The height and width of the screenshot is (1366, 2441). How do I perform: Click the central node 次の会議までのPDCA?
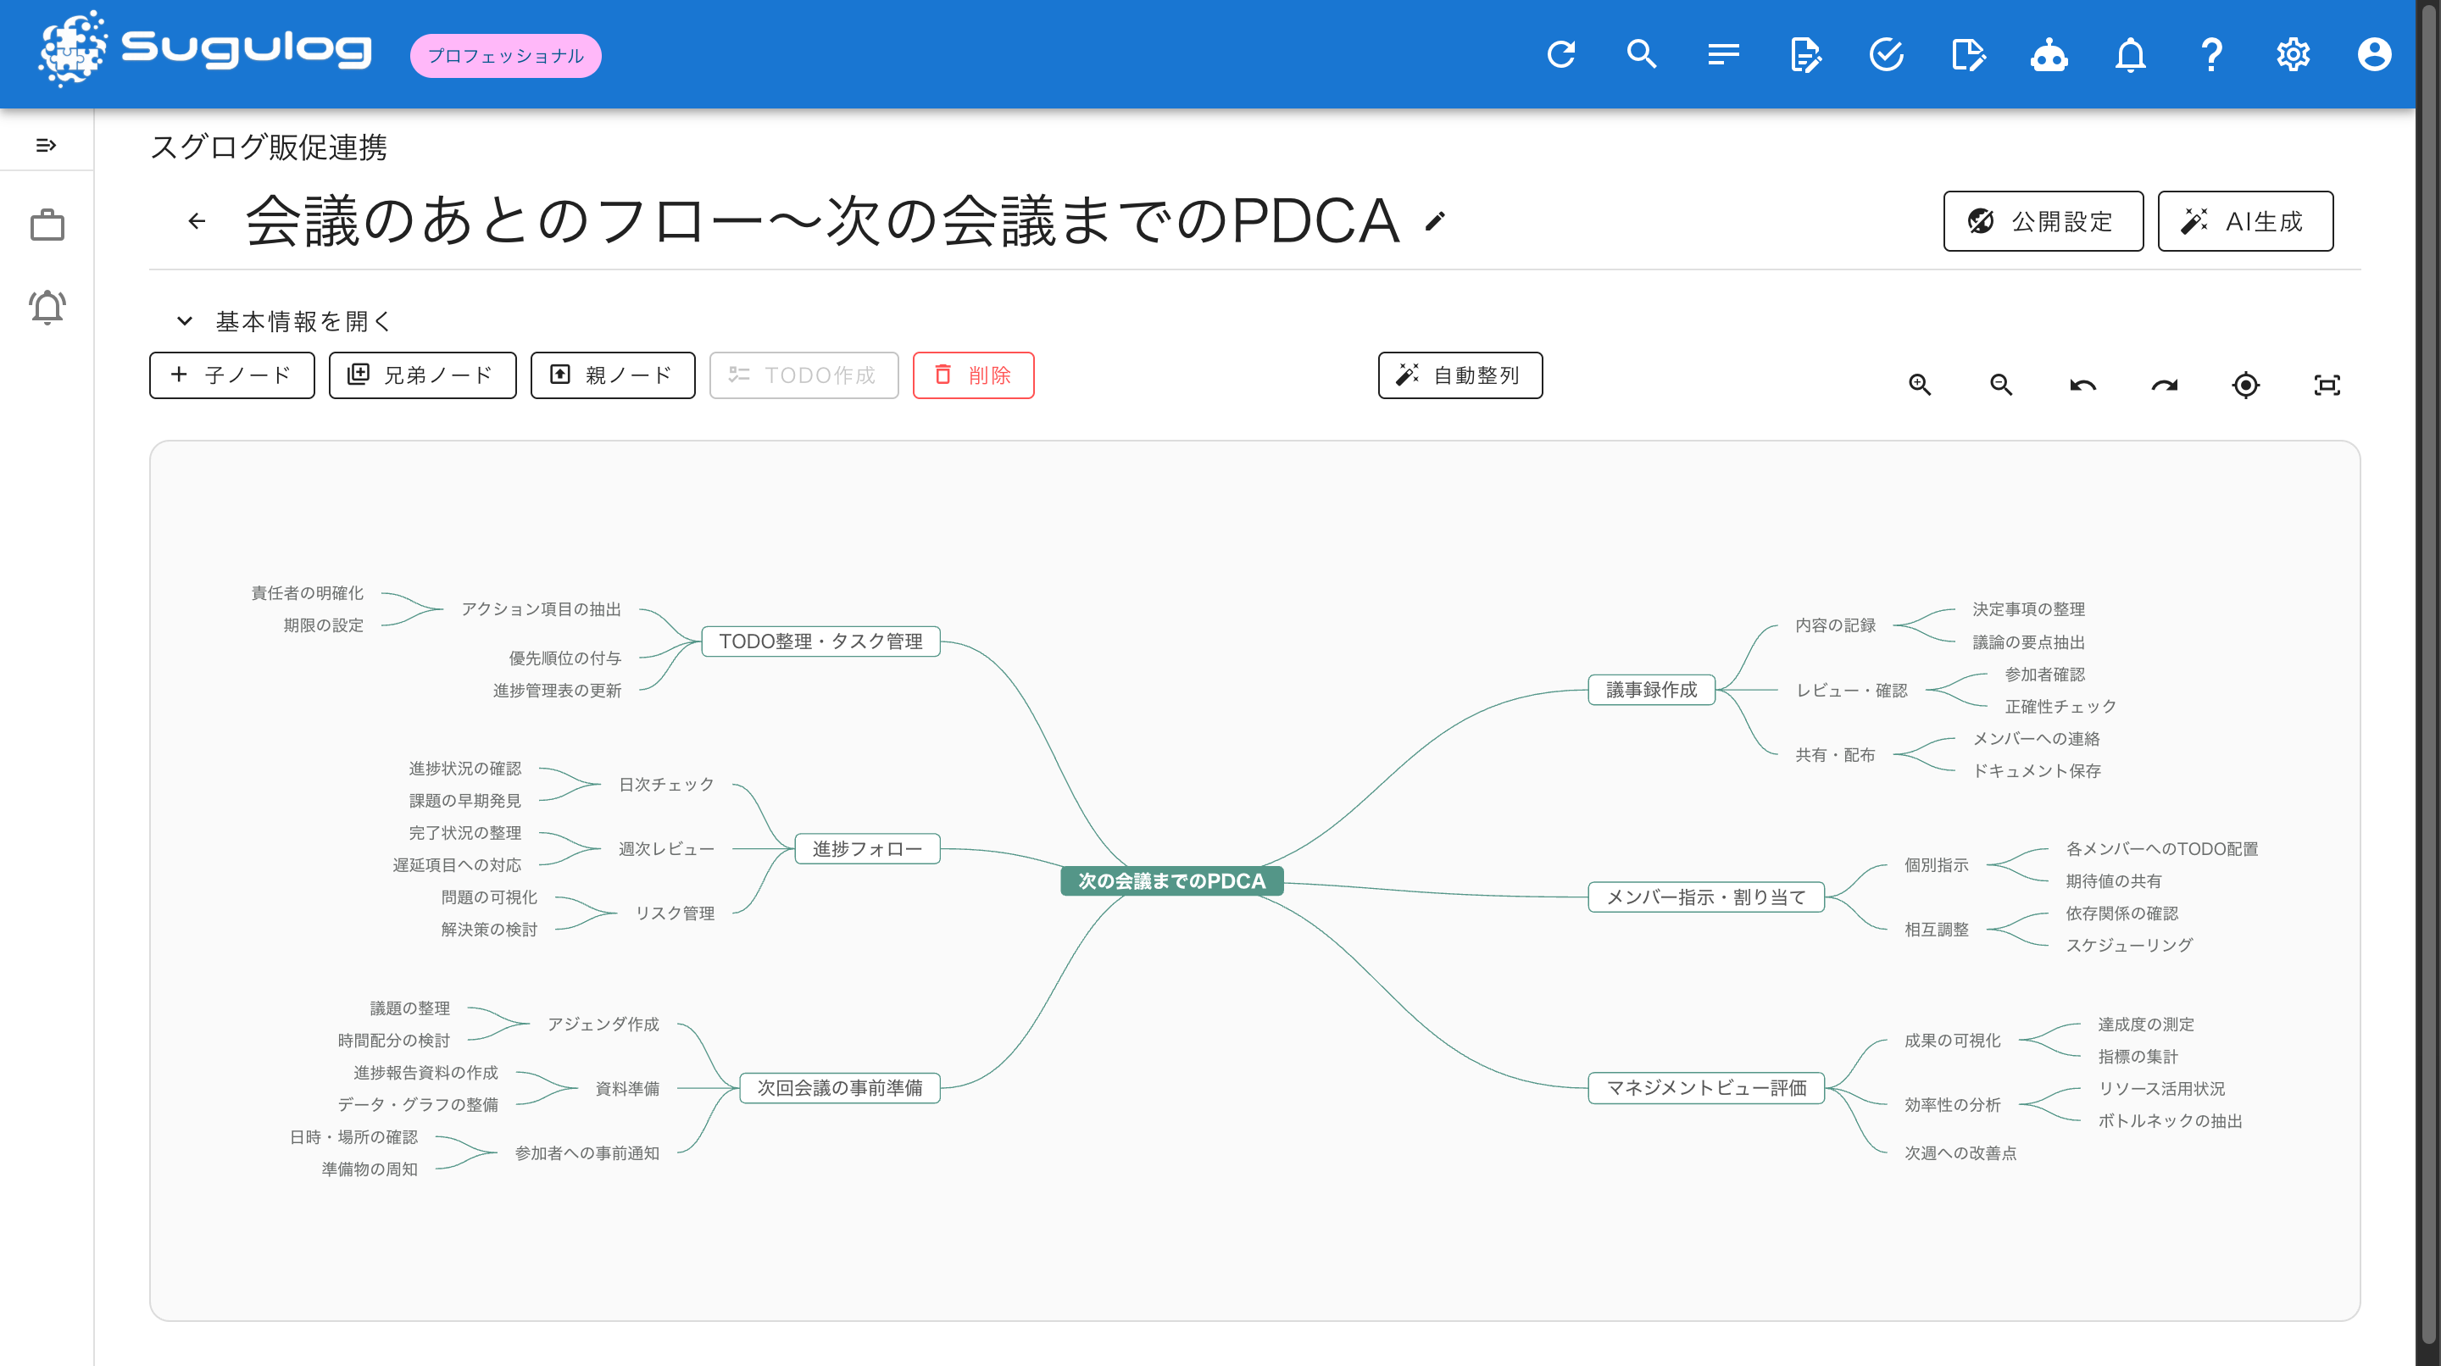[x=1171, y=881]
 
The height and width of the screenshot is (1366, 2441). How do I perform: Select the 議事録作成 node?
[x=1651, y=690]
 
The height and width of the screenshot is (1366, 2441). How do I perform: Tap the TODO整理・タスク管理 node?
[x=820, y=641]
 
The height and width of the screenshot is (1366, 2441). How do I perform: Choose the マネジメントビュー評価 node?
[x=1705, y=1087]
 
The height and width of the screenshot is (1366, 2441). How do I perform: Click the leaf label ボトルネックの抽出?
[x=2170, y=1120]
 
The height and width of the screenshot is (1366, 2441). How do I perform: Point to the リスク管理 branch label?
[x=675, y=913]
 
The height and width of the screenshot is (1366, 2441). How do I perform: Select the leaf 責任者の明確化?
[x=307, y=593]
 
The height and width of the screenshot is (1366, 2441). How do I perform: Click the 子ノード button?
[x=232, y=375]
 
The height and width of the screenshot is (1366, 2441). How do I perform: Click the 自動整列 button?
[x=1460, y=375]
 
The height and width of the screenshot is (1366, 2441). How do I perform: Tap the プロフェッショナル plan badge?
[x=506, y=56]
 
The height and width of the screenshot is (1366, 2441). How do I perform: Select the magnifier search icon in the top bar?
[x=1643, y=54]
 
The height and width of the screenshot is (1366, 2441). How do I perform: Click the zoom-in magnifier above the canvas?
[x=1920, y=385]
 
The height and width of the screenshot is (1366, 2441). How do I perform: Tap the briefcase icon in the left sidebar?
[x=47, y=225]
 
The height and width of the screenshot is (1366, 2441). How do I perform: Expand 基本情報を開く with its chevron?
[x=185, y=321]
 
